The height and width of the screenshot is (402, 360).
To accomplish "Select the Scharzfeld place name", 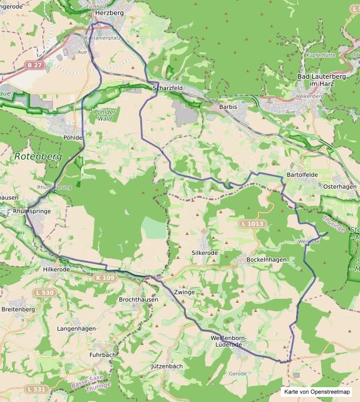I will (168, 88).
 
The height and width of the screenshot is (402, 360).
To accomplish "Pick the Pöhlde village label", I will (74, 137).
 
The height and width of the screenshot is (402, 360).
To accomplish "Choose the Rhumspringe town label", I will (31, 211).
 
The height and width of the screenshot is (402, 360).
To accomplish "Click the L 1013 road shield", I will (252, 224).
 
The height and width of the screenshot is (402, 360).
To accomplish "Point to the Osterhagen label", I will (340, 186).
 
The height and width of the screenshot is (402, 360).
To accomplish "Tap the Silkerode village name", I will (205, 252).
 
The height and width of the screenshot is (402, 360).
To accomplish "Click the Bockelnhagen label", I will (266, 259).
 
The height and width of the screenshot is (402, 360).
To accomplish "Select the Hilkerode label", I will (56, 269).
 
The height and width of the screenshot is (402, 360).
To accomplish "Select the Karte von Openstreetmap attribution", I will (317, 392).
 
